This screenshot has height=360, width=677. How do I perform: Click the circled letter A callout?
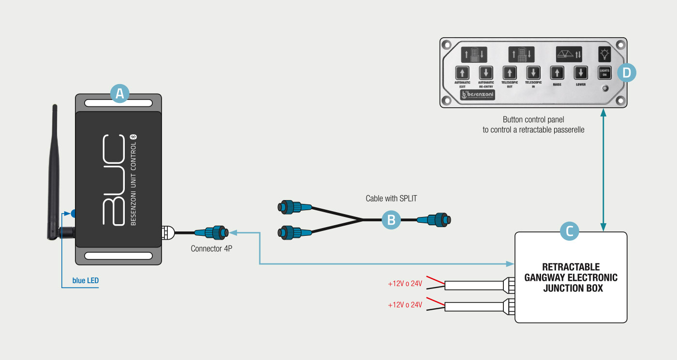point(119,93)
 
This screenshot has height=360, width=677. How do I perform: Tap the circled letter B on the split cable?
point(391,220)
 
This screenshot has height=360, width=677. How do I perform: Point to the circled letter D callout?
point(626,73)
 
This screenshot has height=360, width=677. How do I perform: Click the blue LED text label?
point(86,280)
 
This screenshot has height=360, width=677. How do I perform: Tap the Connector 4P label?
point(211,249)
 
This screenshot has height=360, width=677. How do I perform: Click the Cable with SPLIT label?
point(391,199)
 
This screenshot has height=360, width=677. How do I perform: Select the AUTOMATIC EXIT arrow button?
point(462,73)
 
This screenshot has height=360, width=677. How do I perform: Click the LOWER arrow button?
point(581,73)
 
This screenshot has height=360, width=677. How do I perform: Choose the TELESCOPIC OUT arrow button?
point(509,73)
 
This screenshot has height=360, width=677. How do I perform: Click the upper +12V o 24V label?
point(405,284)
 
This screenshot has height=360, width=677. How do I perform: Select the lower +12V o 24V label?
point(405,305)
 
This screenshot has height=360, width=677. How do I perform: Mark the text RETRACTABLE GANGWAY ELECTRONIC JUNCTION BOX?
point(571,277)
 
